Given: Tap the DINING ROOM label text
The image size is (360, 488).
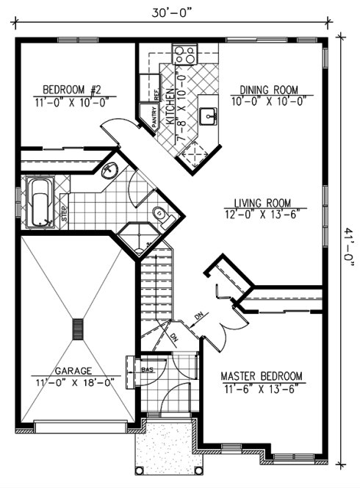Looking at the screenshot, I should tap(267, 90).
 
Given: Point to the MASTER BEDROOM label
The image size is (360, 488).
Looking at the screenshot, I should tap(262, 376).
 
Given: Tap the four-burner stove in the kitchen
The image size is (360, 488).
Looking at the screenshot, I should tap(184, 55).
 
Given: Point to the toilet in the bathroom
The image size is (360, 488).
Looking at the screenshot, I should tap(159, 214).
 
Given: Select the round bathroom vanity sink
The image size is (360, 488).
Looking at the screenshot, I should tap(109, 171).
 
